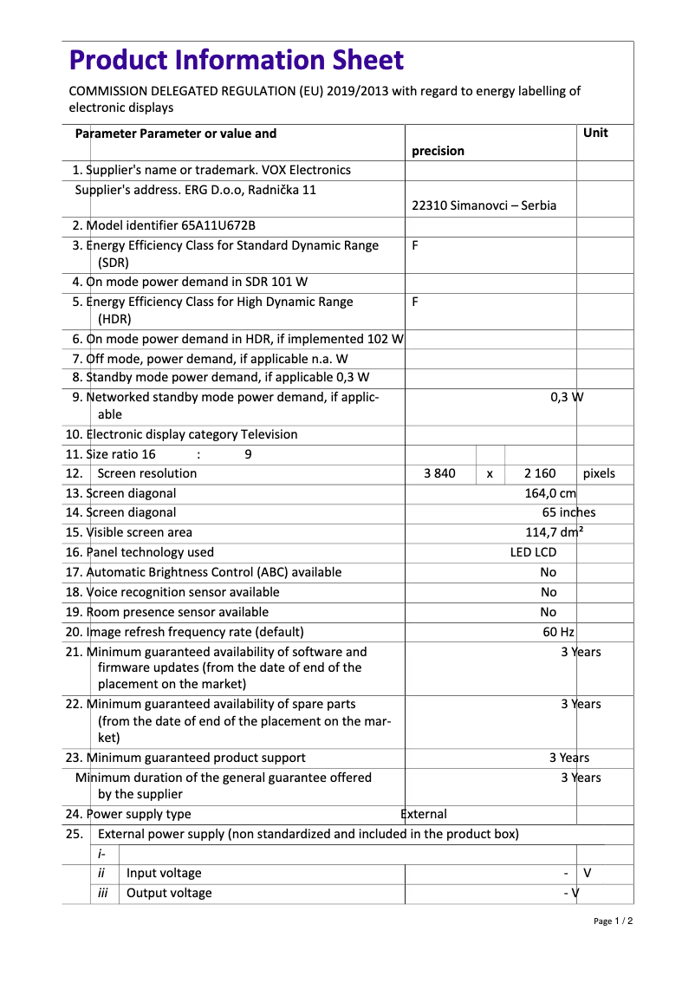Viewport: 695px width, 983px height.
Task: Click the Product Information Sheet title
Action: tap(236, 60)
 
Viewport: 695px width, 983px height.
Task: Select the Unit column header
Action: tap(595, 133)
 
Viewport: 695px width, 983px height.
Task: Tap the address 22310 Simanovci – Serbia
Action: tap(484, 205)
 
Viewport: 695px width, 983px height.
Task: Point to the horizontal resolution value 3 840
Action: tap(439, 473)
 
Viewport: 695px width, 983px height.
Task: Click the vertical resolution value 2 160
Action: tap(540, 473)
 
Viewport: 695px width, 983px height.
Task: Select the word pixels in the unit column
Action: tap(599, 473)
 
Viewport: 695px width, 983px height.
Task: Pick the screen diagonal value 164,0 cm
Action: tap(550, 493)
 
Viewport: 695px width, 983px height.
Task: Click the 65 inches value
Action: tap(569, 512)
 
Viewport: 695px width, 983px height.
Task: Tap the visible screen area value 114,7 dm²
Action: tap(554, 532)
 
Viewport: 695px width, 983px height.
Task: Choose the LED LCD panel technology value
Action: tap(533, 552)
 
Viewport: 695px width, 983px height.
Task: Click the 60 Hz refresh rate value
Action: tap(559, 632)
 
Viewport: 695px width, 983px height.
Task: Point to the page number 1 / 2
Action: tap(613, 921)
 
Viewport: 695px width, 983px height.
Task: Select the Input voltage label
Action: tap(164, 873)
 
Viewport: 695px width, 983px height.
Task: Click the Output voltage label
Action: tap(169, 893)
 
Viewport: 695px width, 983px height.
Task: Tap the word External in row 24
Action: tap(424, 814)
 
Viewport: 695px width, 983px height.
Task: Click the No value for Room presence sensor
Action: tap(549, 612)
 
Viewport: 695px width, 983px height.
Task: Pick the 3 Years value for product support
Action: tap(568, 758)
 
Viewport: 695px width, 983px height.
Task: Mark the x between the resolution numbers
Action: tap(490, 474)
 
